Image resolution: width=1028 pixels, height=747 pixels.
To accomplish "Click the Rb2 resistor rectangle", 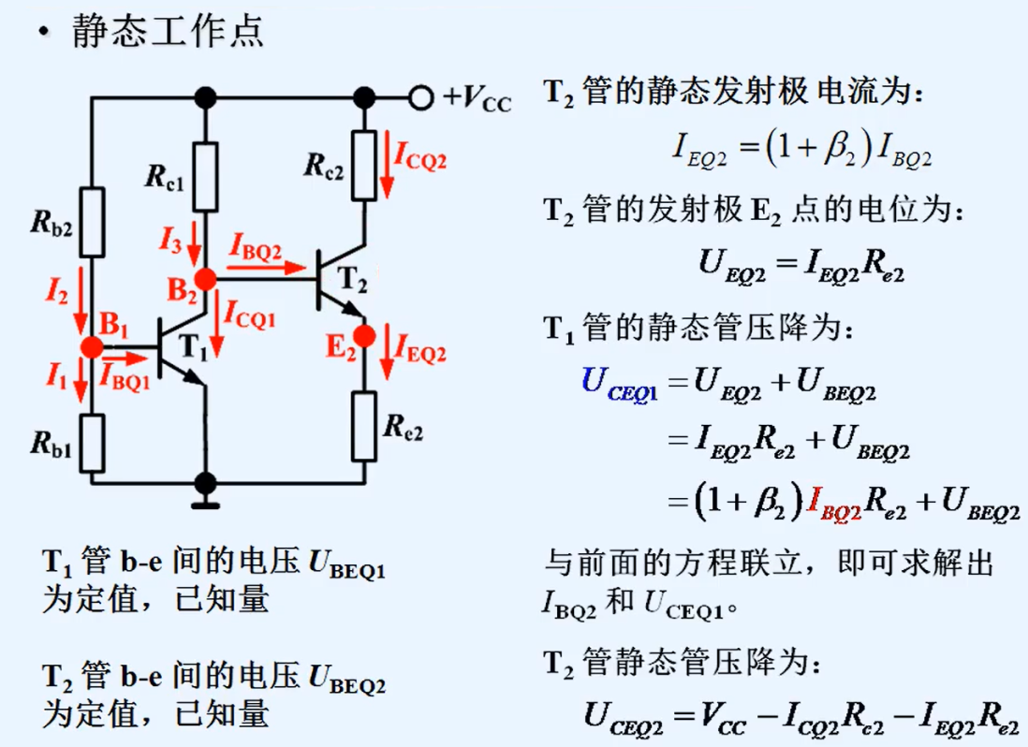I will (x=92, y=223).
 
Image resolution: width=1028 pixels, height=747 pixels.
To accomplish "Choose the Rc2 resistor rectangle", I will (x=365, y=165).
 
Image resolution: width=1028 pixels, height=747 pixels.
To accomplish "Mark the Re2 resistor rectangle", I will (x=365, y=427).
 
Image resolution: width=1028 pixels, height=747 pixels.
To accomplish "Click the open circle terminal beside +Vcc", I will (x=421, y=96).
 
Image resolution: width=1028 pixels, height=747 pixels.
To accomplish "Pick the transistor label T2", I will (x=351, y=278).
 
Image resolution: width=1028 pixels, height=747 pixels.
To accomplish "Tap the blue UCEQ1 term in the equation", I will (x=620, y=384).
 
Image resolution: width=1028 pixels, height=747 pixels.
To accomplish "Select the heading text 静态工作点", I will (x=169, y=32).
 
